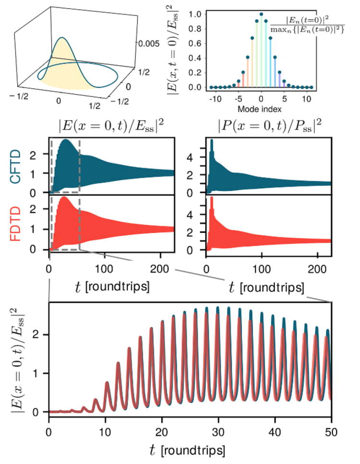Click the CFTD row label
pos(15,167)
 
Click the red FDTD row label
pos(15,224)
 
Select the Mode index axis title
pos(259,109)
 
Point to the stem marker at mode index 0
pos(261,14)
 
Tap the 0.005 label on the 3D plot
pos(149,44)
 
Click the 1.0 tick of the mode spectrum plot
pos(195,14)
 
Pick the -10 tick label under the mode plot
pos(215,99)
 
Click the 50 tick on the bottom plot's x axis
pos(331,432)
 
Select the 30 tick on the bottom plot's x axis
pos(218,432)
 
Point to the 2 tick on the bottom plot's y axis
pos(36,335)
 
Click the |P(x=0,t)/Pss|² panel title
pos(269,126)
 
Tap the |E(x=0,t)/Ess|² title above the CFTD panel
pos(111,126)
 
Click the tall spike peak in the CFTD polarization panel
pos(212,140)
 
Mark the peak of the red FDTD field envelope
pos(63,197)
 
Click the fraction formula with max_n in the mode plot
pos(307,25)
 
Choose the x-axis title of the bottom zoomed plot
pos(187,450)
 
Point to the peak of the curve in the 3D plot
pos(62,37)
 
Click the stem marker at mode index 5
pos(284,81)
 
